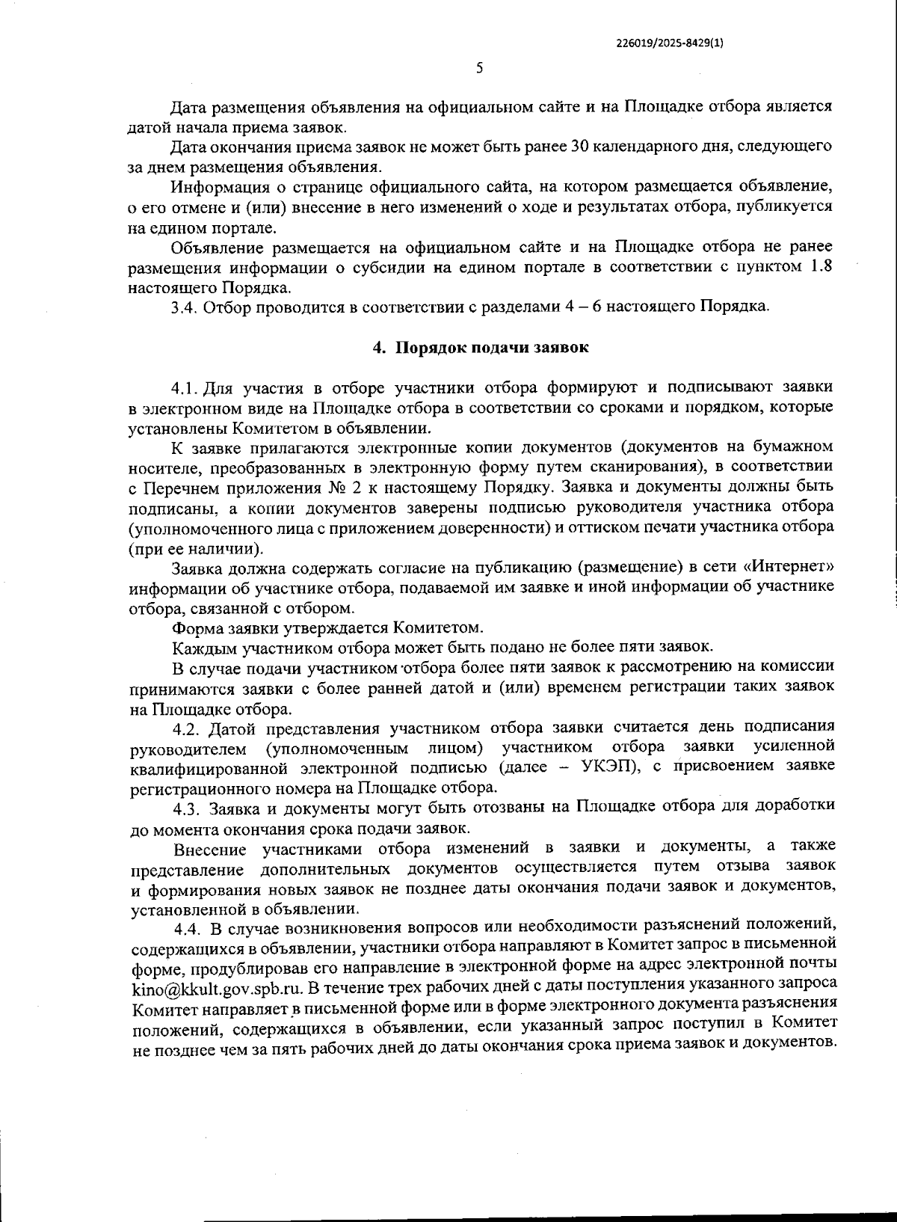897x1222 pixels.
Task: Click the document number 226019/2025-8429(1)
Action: (669, 43)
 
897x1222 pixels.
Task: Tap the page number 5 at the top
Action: (479, 68)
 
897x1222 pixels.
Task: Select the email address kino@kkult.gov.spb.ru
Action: (216, 986)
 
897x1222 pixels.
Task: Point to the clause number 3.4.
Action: (183, 307)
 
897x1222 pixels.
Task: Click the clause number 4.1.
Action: (184, 388)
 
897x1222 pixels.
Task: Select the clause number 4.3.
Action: (187, 808)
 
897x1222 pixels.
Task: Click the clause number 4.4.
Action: (188, 928)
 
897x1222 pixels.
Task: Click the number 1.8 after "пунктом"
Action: (822, 267)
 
